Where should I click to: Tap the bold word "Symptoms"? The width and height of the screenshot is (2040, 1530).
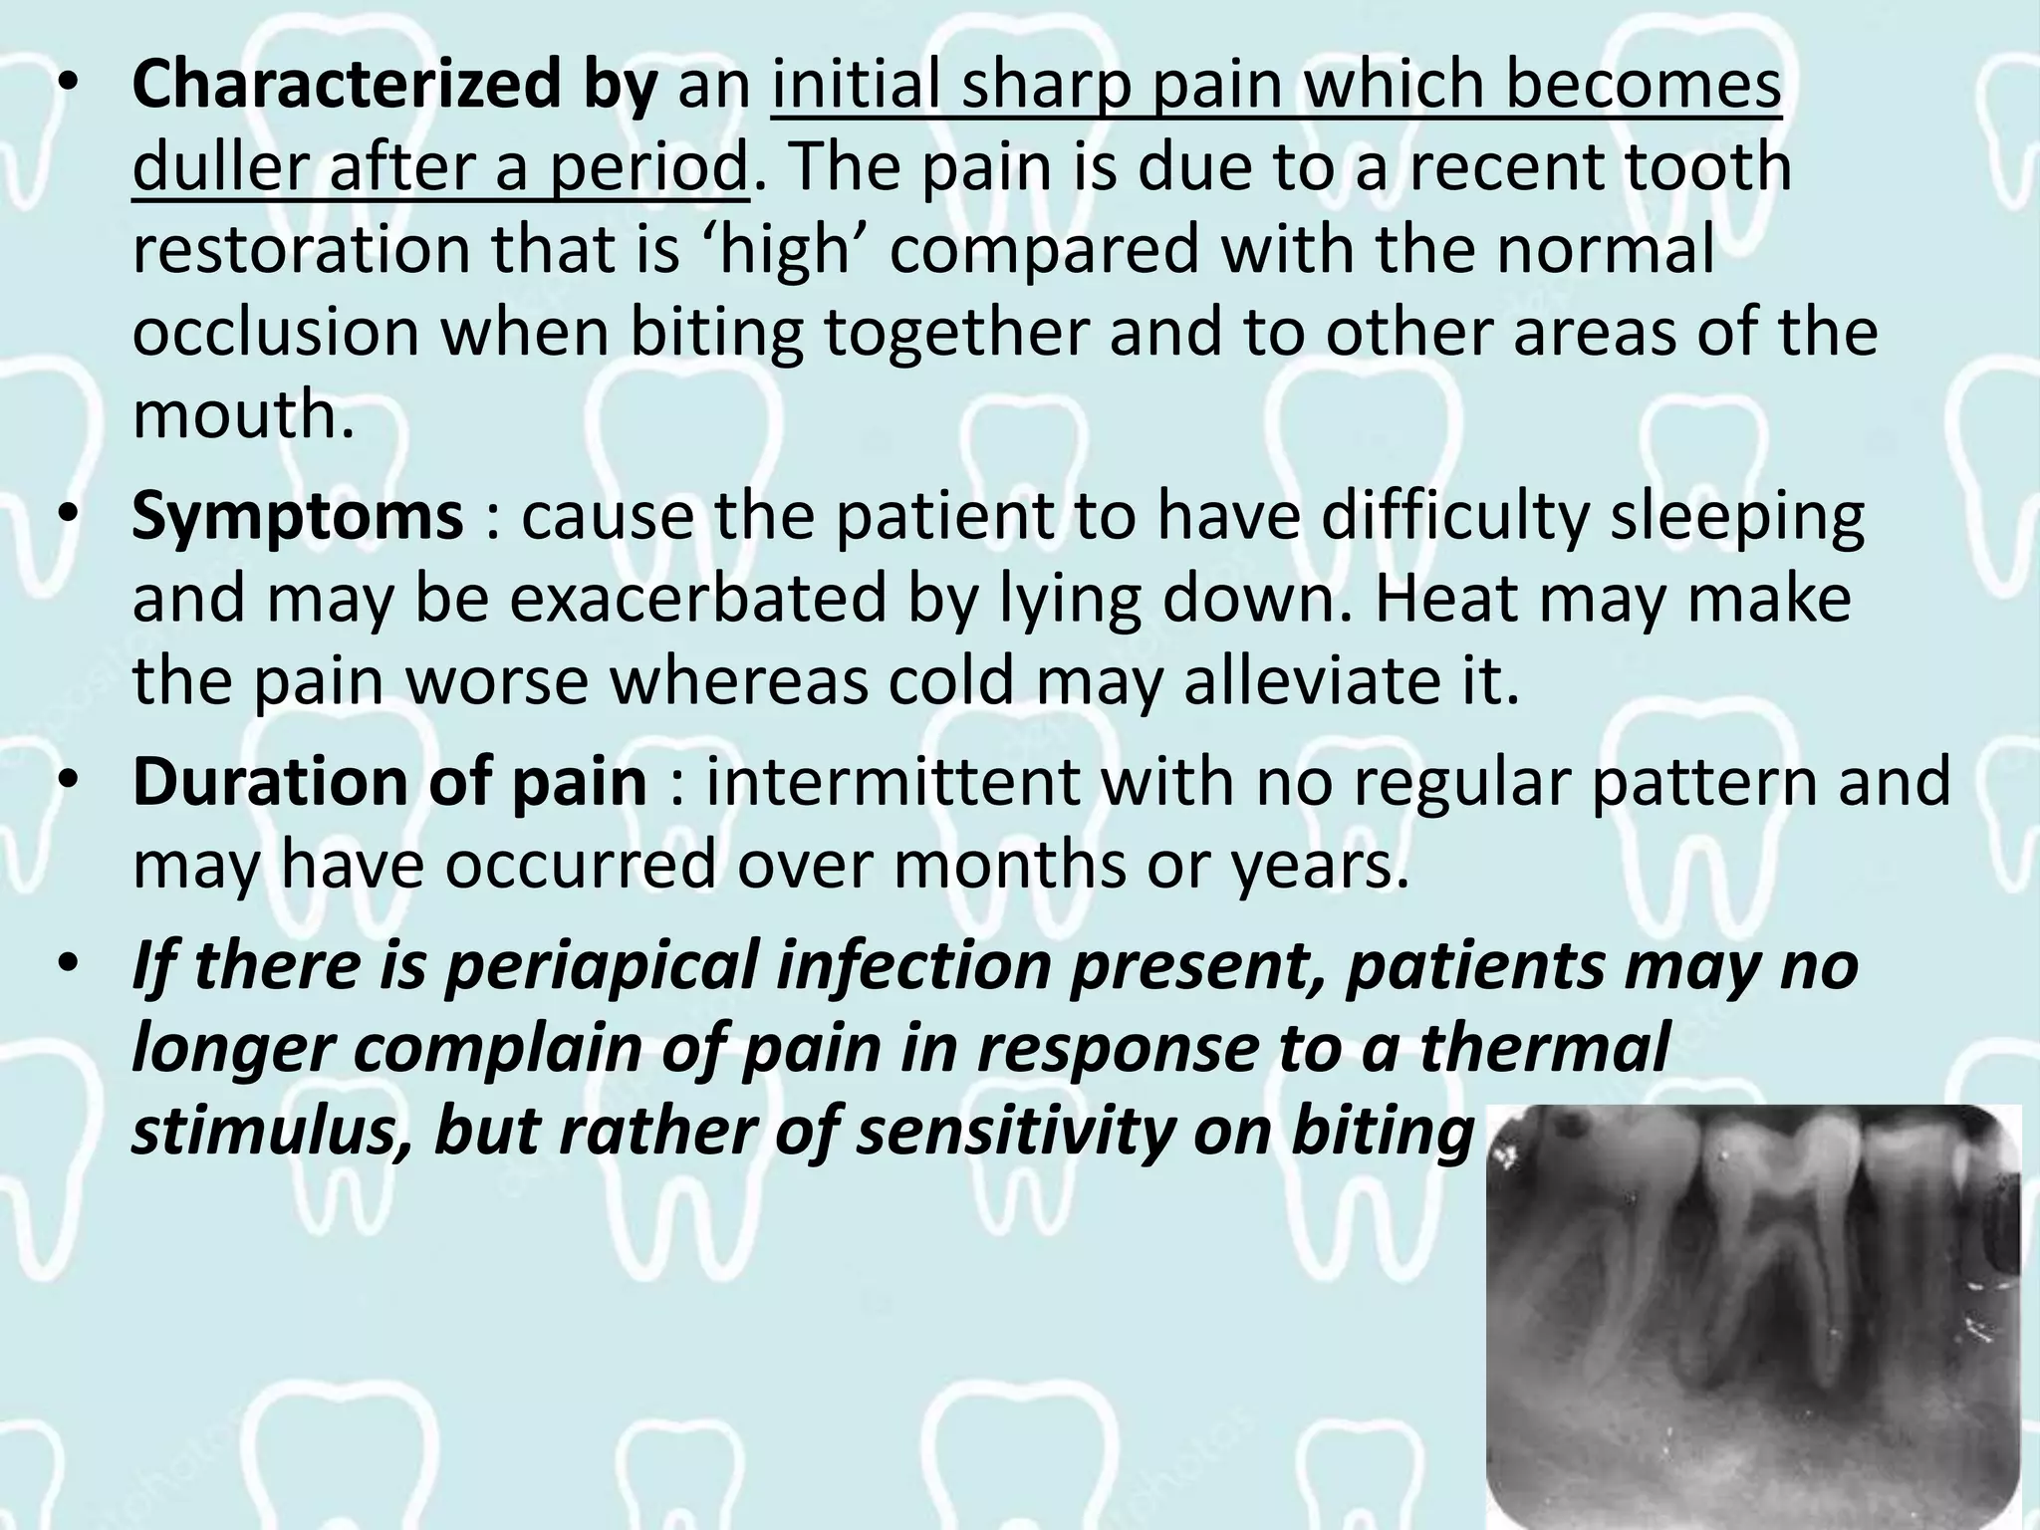click(297, 517)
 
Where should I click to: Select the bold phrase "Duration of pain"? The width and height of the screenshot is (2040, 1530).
click(389, 782)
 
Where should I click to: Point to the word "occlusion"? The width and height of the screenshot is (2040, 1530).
click(276, 333)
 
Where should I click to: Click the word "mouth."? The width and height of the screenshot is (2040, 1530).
click(243, 415)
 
